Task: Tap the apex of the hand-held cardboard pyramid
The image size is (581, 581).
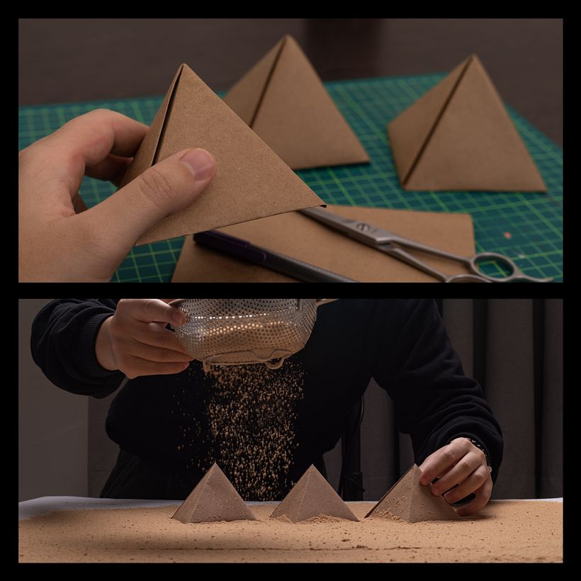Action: [x=182, y=66]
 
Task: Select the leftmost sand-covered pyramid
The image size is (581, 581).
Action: [x=213, y=496]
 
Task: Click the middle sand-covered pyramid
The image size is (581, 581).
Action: [x=312, y=496]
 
